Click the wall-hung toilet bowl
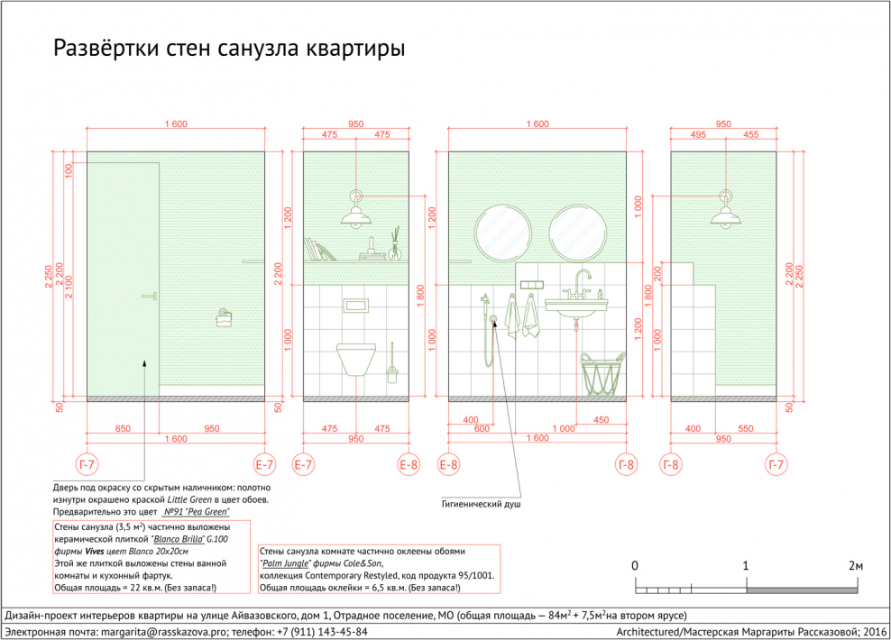click(x=355, y=359)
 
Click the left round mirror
click(x=503, y=233)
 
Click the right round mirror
click(x=577, y=233)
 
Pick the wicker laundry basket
click(x=602, y=374)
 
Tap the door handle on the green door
click(x=150, y=296)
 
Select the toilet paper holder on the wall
click(x=224, y=318)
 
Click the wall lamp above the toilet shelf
click(x=356, y=209)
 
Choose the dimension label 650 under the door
click(x=123, y=429)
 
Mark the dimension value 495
click(x=698, y=134)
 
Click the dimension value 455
click(x=750, y=134)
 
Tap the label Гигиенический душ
click(x=481, y=504)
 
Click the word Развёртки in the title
click(x=106, y=49)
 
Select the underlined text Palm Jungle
click(x=285, y=563)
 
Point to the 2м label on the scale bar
click(x=856, y=565)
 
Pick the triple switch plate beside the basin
click(x=532, y=285)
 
